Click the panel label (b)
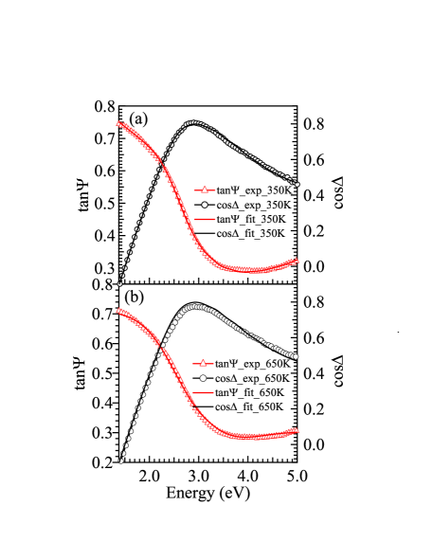(134, 298)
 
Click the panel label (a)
(139, 118)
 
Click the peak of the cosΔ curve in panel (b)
(194, 305)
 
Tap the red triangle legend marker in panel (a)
(204, 190)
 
